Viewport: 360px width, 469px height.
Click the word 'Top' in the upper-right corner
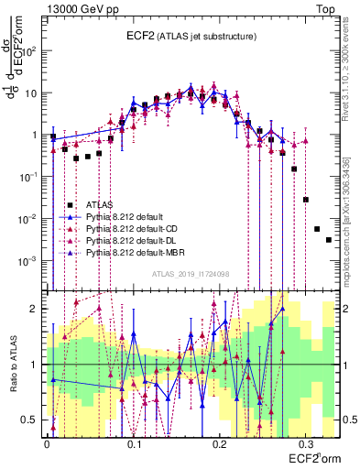coord(325,8)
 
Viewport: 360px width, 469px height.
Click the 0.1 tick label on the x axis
coord(134,441)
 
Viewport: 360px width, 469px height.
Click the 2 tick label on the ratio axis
coord(36,309)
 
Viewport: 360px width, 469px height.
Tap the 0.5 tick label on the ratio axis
coord(31,420)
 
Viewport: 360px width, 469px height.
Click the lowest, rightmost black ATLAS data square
coord(328,240)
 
